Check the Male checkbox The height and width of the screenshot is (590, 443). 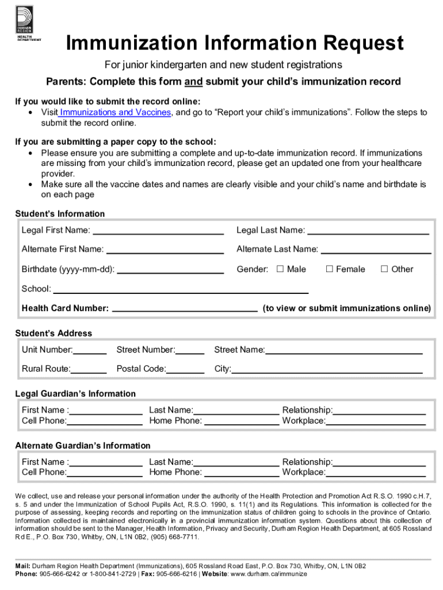point(280,269)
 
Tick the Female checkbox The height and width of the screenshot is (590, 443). point(330,269)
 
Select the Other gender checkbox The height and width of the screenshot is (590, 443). point(384,269)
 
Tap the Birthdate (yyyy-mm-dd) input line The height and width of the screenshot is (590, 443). point(170,271)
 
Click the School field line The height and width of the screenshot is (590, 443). point(181,290)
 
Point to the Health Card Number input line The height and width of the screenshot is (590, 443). point(185,310)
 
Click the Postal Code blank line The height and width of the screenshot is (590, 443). point(186,370)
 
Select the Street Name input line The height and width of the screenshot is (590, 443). point(343,351)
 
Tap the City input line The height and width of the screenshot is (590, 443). point(327,370)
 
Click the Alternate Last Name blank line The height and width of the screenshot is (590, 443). point(376,251)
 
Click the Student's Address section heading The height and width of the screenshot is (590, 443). point(54,333)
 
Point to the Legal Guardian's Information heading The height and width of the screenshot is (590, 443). point(75,394)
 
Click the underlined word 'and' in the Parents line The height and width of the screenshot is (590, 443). point(193,81)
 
